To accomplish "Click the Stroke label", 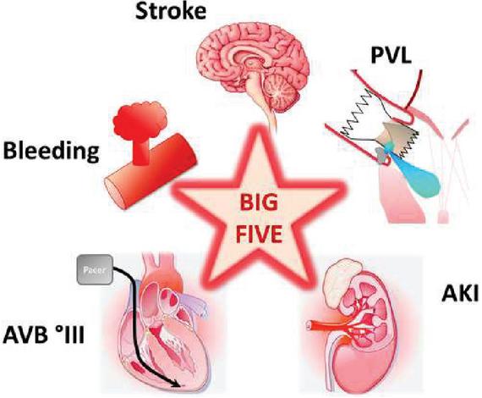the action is tap(171, 11).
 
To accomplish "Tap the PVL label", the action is tap(391, 55).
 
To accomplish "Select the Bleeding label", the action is tap(51, 151).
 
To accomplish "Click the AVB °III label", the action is tap(43, 334).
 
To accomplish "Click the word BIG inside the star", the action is tap(259, 203).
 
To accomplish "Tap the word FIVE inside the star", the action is tap(259, 235).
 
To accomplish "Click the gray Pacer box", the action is tap(95, 269).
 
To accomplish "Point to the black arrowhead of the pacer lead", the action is tap(177, 384).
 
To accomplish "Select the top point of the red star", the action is tap(259, 126).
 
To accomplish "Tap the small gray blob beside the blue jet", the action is tap(381, 154).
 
